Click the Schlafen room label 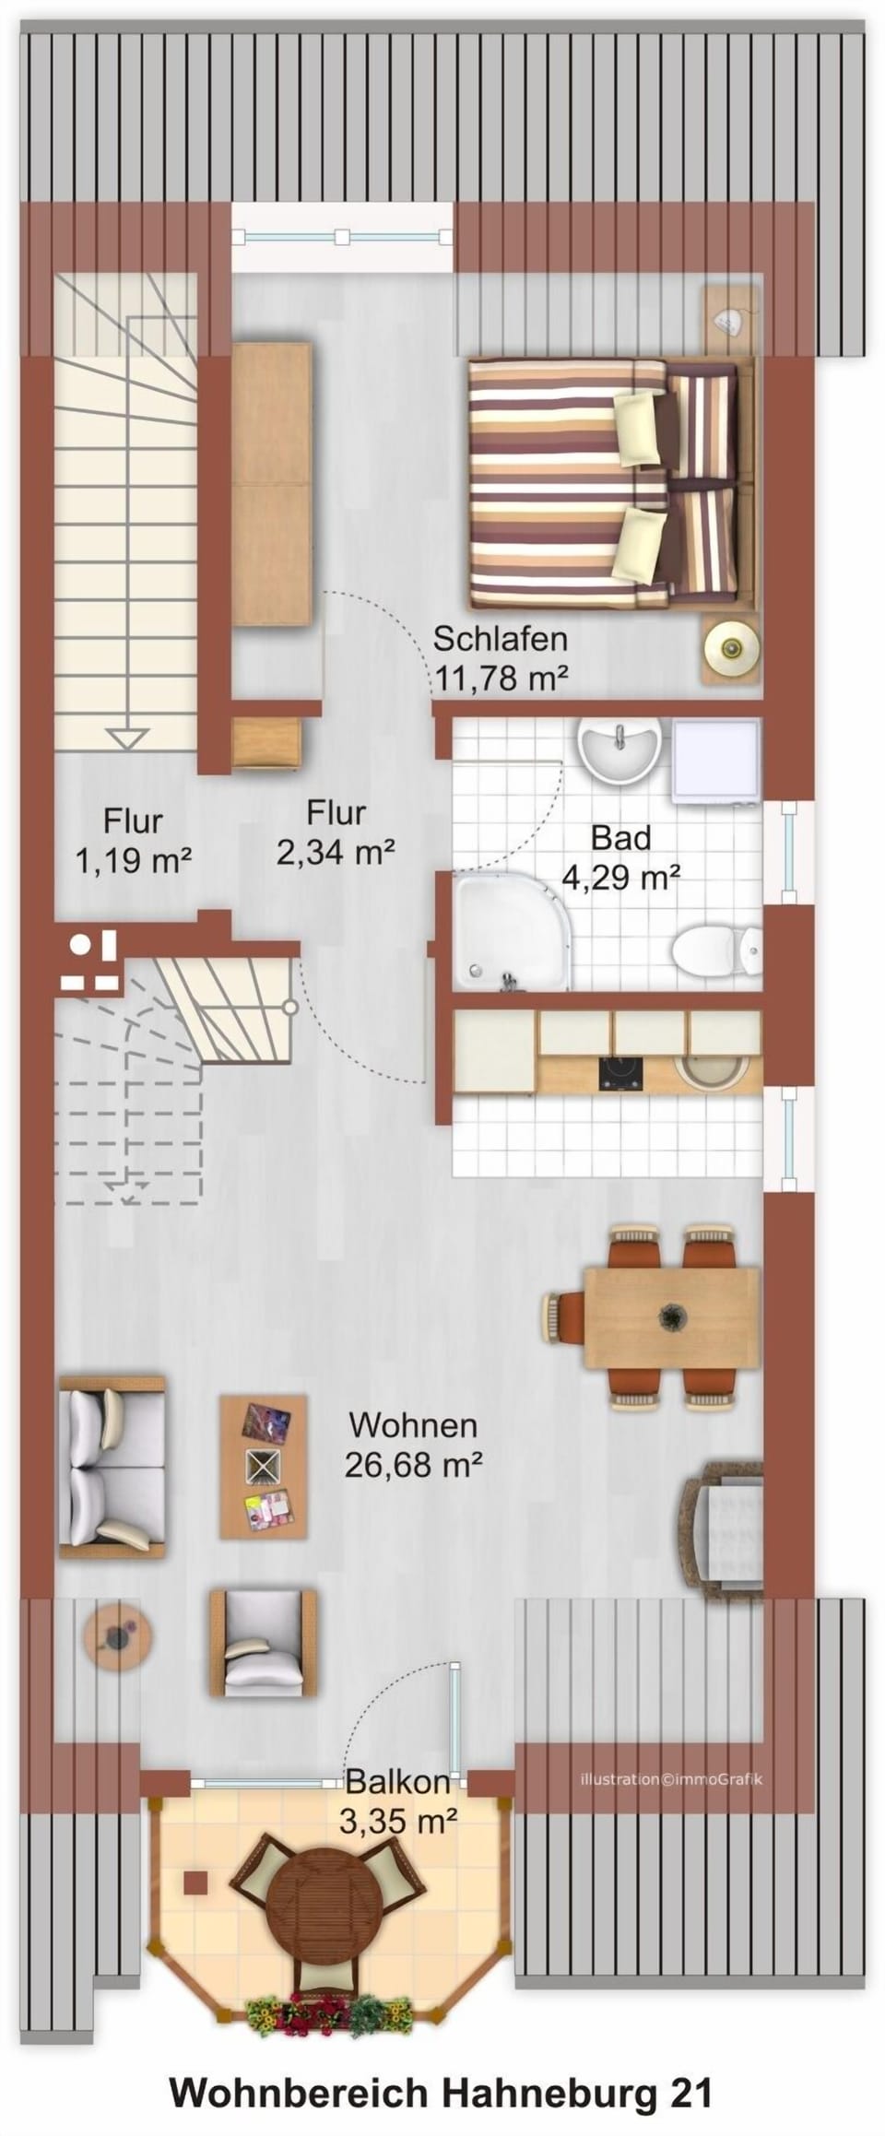500,638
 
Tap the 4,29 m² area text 620,877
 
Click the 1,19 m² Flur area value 133,861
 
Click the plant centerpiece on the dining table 672,1316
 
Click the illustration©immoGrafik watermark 670,1778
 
